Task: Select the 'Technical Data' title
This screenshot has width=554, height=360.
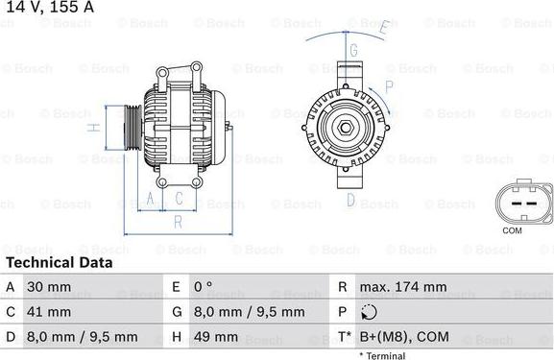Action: tap(59, 262)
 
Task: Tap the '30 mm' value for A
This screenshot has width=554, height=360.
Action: tap(48, 287)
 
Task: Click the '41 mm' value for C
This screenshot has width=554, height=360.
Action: tap(48, 312)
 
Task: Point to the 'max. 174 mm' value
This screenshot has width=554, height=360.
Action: tap(402, 287)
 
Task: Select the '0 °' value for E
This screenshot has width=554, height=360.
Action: tap(204, 287)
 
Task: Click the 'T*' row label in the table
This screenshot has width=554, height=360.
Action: tap(343, 337)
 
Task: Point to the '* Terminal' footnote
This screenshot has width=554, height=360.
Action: tap(382, 355)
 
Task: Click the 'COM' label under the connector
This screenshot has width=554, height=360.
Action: tap(512, 230)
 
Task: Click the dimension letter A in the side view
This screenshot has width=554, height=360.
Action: tap(149, 199)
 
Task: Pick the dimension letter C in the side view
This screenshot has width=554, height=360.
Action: tap(179, 199)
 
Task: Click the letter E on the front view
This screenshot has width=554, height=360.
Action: tap(382, 27)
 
